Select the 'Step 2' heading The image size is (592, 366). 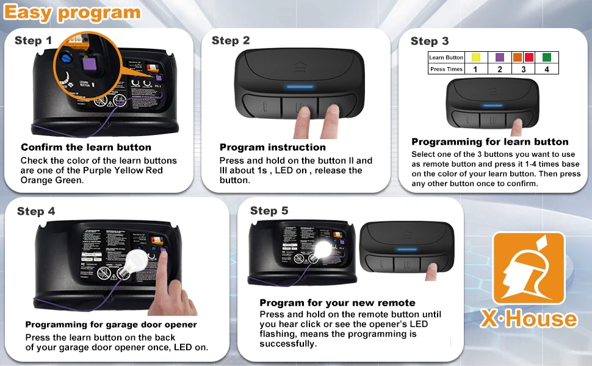[231, 41]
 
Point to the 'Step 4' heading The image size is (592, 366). [36, 211]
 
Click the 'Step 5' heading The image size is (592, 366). [269, 210]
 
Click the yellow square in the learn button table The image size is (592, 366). [476, 57]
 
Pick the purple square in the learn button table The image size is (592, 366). [499, 57]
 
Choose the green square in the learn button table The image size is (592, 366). [546, 57]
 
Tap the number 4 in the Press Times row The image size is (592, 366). [546, 70]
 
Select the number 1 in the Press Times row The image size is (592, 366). [476, 70]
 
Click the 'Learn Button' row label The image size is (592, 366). [446, 57]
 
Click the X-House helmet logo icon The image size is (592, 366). [529, 268]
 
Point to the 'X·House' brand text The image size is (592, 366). [529, 318]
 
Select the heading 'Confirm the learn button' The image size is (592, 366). [86, 147]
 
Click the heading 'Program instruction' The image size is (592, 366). [273, 147]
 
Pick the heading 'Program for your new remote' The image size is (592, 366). [337, 303]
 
